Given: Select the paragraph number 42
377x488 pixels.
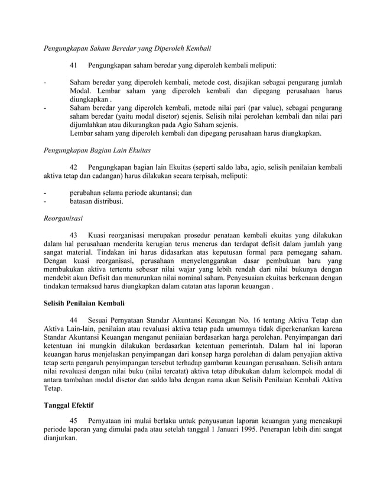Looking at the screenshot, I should (x=74, y=167).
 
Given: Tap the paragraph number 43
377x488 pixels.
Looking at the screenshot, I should (x=74, y=235).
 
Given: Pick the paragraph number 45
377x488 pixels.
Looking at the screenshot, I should (x=74, y=418).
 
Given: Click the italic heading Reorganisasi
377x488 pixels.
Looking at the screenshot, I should (x=64, y=218).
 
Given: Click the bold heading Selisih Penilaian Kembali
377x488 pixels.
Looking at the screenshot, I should (x=84, y=304).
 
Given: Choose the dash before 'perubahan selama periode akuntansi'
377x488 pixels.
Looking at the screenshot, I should (x=45, y=193).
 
